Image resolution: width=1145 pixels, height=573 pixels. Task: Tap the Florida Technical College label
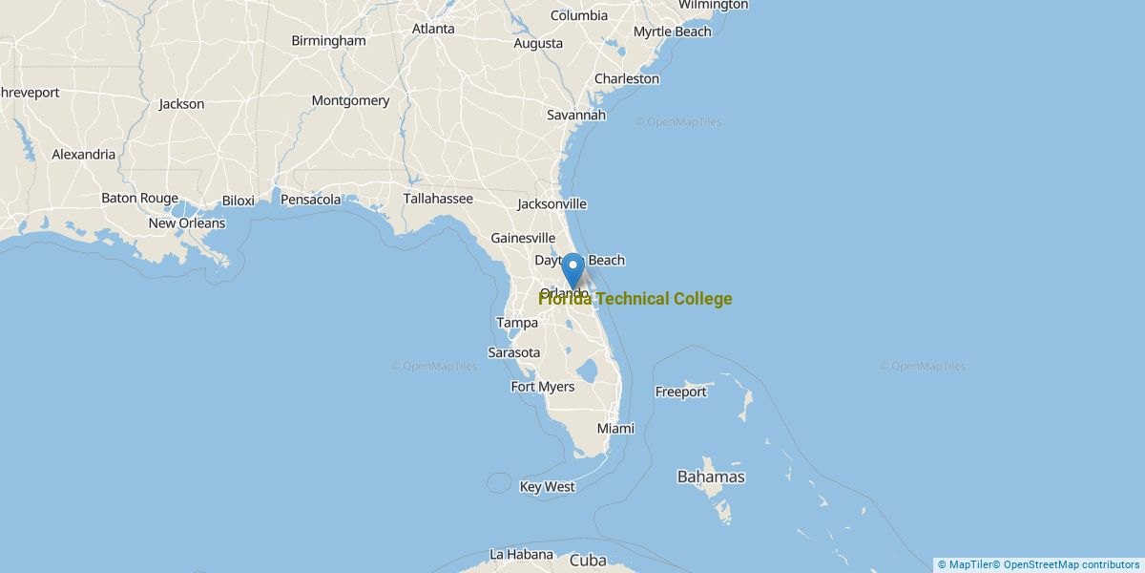tap(635, 299)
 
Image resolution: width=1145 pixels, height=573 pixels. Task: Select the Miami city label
tap(615, 429)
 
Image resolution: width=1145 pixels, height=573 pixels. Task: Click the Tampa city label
tap(517, 323)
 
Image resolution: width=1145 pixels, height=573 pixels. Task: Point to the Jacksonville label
tap(552, 204)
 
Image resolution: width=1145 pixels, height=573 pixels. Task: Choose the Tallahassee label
tap(438, 199)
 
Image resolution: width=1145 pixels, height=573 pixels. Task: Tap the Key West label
tap(547, 487)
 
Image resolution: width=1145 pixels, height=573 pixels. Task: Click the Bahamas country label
tap(711, 477)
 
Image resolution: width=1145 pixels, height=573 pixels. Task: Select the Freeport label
tap(680, 392)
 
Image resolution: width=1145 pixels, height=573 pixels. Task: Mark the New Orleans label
tap(187, 223)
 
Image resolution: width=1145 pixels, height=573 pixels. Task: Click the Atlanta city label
tap(433, 29)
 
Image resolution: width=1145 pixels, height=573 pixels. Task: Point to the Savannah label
tap(576, 115)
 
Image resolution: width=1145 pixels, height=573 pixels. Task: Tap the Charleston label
tap(627, 78)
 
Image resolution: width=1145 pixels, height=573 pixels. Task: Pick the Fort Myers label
tap(543, 387)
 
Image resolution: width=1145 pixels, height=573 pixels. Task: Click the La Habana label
tap(521, 554)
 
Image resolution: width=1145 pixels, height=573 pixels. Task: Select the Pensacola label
tap(310, 200)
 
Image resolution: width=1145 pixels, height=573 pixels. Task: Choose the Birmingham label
tap(328, 41)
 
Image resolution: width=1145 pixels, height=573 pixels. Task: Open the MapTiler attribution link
tap(965, 564)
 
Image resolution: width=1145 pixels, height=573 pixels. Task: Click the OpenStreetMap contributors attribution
tap(1071, 564)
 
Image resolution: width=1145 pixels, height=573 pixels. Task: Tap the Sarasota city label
tap(514, 352)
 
